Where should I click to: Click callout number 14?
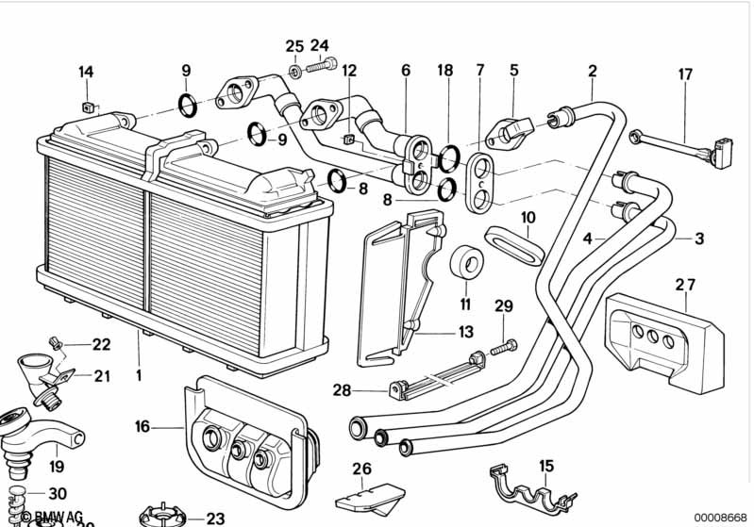86,72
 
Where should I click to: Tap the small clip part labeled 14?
88,106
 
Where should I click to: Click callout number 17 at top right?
685,74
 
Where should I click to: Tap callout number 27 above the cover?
685,284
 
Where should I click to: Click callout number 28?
341,389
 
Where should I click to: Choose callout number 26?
361,469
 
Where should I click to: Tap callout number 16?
142,426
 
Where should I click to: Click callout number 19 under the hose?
57,466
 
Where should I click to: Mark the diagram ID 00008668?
719,518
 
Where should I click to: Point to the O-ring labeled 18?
451,153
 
